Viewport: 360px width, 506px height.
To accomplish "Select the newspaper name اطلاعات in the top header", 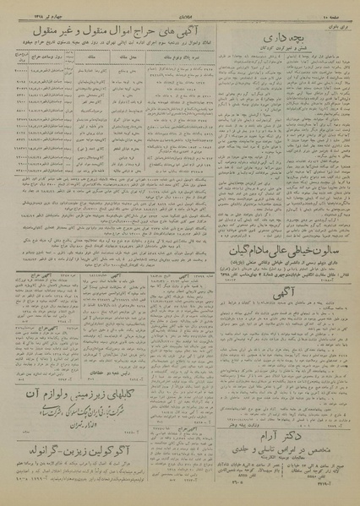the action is point(179,7).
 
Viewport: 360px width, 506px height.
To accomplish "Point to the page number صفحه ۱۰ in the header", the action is point(337,7).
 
